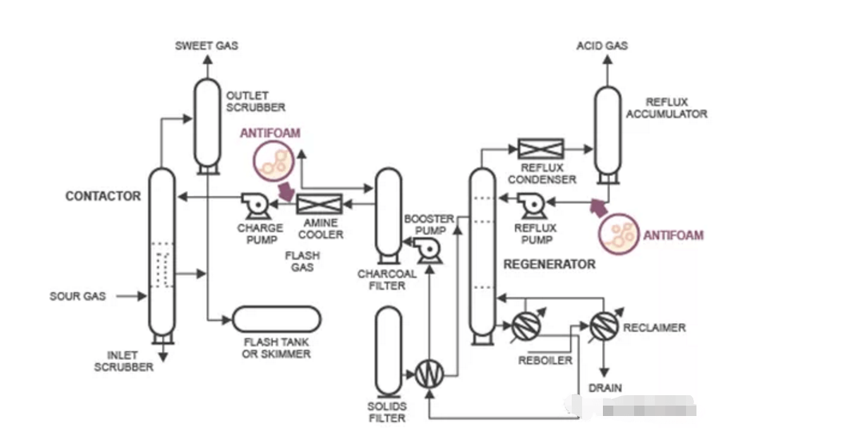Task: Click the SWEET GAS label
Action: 206,46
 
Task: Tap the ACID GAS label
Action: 602,46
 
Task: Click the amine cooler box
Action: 319,204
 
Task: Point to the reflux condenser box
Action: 541,148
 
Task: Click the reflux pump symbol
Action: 533,206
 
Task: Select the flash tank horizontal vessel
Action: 276,320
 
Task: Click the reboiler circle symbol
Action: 527,325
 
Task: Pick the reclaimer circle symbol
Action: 605,324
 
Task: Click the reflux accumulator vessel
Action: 607,132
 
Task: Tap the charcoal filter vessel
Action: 389,214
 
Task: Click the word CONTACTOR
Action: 102,196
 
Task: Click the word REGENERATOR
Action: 549,264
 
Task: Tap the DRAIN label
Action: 605,388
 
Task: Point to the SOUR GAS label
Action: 78,296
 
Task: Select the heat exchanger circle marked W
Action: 429,373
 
